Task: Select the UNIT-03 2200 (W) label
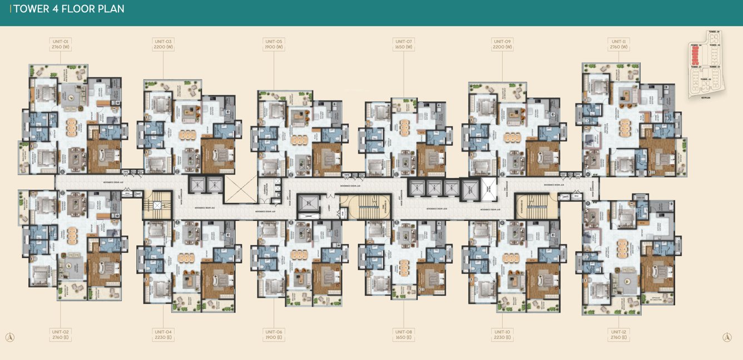pos(164,44)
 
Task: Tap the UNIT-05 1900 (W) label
pos(274,44)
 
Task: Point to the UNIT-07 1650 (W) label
pos(404,44)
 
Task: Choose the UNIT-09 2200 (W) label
pos(502,44)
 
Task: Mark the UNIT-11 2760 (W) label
pos(619,44)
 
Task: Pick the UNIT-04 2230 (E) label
pos(164,334)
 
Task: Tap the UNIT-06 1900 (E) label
pos(274,334)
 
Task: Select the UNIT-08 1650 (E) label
pos(404,334)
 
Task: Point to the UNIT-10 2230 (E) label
pos(502,334)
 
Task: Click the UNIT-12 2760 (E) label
pos(619,334)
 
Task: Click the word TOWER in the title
pos(33,9)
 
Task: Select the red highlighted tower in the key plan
pos(694,54)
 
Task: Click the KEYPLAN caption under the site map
pos(706,97)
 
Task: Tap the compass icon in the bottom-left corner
pos(9,337)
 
